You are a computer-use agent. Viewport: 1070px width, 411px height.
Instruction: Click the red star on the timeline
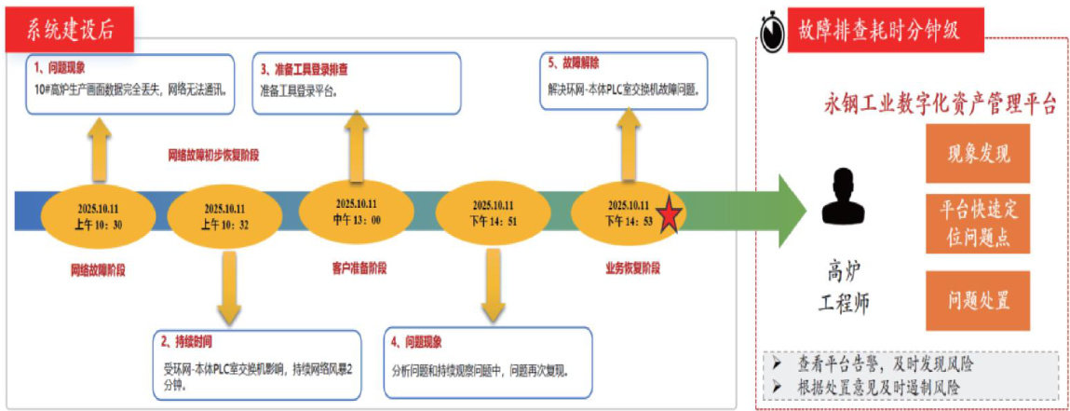669,217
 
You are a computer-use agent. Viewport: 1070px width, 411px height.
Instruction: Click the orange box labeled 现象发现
977,154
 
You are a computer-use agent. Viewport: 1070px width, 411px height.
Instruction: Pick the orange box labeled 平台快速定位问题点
977,225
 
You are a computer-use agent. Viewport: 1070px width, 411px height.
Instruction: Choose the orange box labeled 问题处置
977,300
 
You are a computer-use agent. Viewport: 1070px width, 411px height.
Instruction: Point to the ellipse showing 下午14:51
493,213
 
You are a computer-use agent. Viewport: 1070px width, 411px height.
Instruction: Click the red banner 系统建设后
71,31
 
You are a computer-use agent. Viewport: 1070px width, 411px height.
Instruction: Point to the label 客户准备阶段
359,268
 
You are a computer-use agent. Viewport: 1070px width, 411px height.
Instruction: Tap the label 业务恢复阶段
632,268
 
